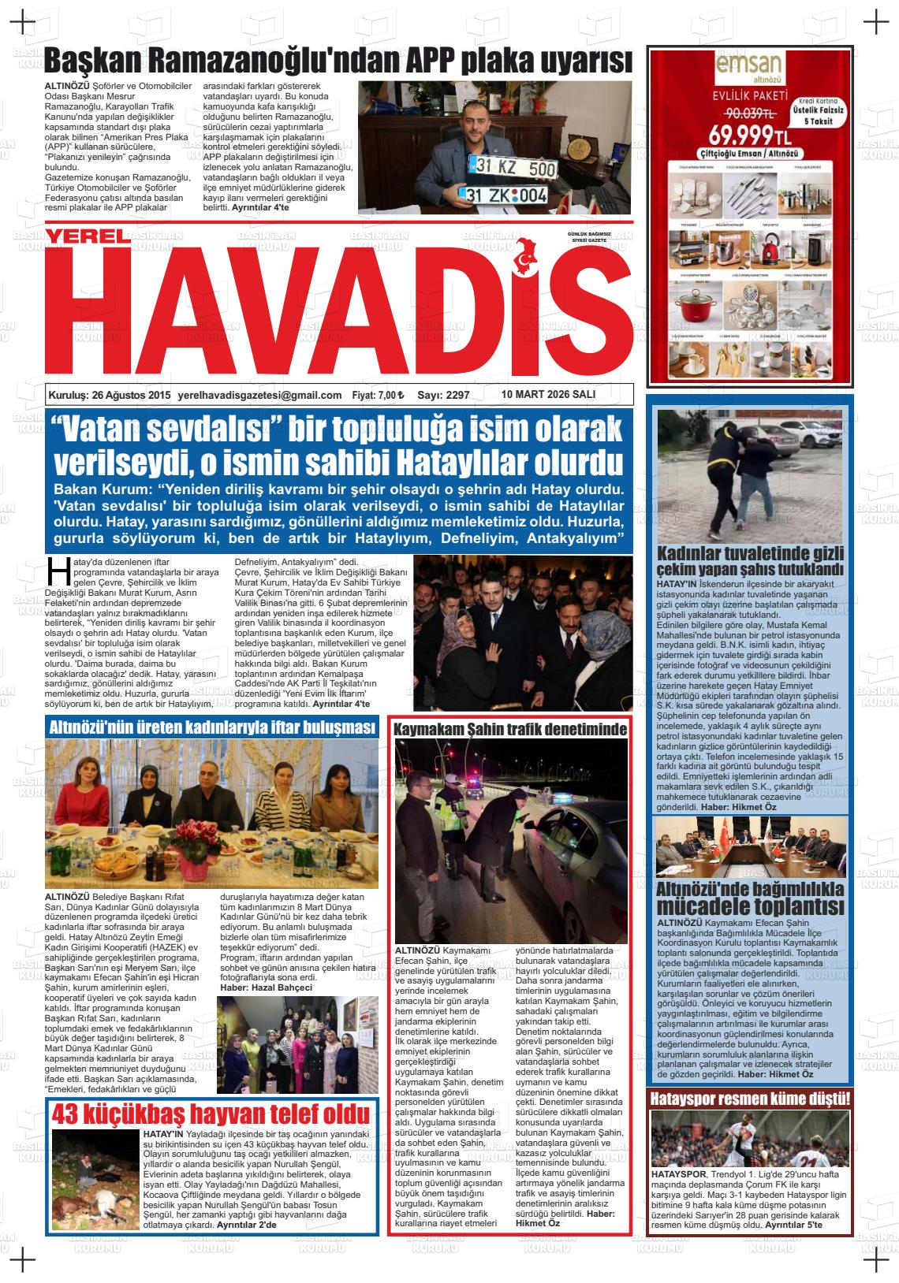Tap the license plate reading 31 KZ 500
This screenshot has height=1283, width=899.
(512, 167)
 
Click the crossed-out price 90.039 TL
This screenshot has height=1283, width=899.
(743, 113)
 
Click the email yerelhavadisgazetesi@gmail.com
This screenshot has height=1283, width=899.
(260, 395)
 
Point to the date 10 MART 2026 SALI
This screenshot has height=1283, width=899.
(548, 394)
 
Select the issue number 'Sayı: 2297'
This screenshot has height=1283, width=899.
(443, 395)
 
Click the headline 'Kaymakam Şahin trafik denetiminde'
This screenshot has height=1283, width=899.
(510, 728)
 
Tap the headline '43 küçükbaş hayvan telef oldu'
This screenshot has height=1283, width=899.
(211, 1114)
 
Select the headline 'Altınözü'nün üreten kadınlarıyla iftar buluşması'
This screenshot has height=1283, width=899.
(212, 727)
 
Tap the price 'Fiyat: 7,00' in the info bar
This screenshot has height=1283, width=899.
(378, 395)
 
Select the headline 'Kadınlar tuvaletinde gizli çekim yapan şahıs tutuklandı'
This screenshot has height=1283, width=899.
(750, 560)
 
